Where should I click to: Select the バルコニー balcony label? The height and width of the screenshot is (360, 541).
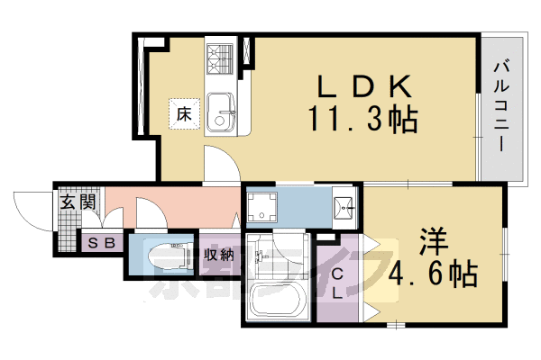tap(501, 106)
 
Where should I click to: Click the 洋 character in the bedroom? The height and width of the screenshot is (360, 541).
tap(432, 242)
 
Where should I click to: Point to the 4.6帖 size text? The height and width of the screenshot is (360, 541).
tap(432, 272)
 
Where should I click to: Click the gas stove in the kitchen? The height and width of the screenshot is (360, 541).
tap(220, 58)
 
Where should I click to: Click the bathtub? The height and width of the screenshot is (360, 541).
tap(277, 300)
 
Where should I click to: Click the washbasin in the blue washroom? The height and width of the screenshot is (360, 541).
tap(344, 206)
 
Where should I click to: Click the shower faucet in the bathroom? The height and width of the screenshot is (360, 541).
tap(262, 256)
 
